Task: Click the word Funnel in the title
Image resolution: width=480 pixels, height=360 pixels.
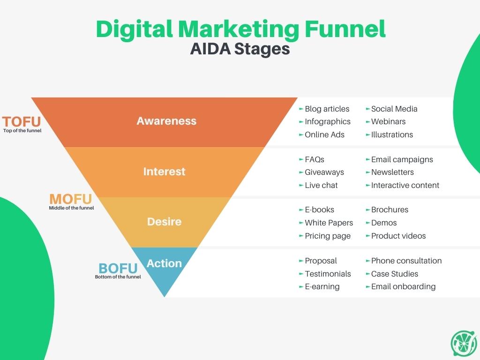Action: (345, 29)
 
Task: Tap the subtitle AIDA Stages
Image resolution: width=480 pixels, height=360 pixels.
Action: (240, 49)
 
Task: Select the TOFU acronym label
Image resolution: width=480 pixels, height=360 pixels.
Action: (22, 121)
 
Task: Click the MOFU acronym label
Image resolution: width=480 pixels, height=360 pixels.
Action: (71, 199)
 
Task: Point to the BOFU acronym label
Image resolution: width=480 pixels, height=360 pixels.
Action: (118, 269)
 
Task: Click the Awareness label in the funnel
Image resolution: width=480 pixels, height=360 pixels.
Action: (166, 121)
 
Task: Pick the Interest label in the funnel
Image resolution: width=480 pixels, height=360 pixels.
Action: (165, 172)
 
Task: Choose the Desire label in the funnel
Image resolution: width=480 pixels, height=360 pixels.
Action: (165, 222)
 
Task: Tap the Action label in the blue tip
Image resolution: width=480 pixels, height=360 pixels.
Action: (165, 263)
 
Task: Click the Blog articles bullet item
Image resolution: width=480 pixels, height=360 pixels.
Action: (327, 109)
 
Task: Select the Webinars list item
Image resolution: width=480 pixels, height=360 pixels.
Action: (388, 121)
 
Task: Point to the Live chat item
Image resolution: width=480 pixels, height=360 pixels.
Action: (321, 185)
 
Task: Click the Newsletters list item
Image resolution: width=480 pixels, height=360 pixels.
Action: (392, 172)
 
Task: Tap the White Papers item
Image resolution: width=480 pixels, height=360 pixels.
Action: (329, 223)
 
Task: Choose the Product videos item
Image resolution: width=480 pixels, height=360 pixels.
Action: (398, 236)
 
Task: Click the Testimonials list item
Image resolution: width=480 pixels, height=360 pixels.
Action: (328, 274)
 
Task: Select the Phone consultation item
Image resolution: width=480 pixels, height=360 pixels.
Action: (406, 261)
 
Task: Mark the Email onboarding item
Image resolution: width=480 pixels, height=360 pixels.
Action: (403, 287)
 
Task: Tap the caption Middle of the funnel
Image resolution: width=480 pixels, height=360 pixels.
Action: (71, 208)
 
